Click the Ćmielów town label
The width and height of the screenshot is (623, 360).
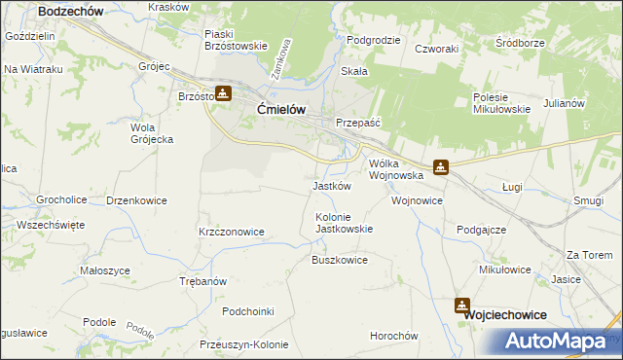tap(281, 110)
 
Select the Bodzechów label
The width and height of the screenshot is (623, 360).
tap(71, 10)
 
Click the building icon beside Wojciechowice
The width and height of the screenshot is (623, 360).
tap(460, 306)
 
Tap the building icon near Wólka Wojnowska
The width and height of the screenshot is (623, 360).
tap(441, 167)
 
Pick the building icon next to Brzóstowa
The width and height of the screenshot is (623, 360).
tap(223, 93)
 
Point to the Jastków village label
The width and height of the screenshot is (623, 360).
tap(331, 186)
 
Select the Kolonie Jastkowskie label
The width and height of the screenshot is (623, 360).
tap(344, 223)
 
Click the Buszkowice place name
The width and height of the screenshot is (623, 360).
tap(339, 261)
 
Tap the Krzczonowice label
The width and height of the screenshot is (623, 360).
tap(232, 232)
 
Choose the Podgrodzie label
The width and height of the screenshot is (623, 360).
tap(374, 40)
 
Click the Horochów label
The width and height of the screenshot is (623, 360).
tap(393, 336)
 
